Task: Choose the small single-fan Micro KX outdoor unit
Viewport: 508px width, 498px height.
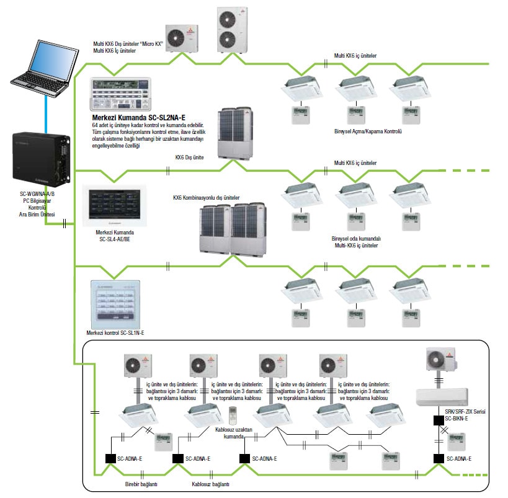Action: [180, 38]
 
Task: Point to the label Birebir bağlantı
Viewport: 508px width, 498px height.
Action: [140, 484]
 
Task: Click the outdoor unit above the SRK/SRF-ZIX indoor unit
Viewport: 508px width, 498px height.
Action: [440, 360]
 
